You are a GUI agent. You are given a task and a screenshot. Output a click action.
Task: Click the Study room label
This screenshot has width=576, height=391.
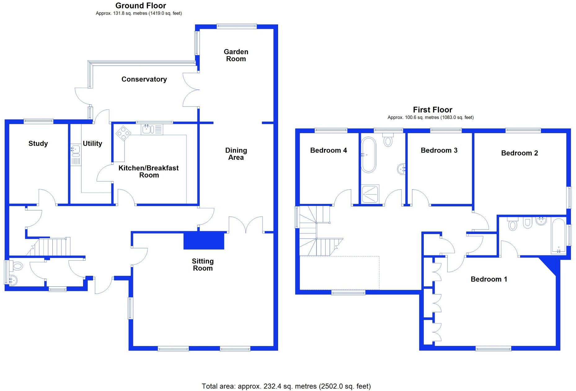tap(38, 143)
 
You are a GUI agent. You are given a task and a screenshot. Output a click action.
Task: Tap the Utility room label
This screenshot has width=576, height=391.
tap(92, 143)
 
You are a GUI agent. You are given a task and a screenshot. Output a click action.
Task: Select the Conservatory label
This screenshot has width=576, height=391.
tap(144, 79)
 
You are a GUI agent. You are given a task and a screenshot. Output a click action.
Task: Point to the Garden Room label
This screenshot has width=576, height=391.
tap(236, 55)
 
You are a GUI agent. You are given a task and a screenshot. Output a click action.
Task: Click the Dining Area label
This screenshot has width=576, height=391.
tap(236, 154)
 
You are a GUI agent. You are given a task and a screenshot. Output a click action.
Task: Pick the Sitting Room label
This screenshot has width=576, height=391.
tap(203, 265)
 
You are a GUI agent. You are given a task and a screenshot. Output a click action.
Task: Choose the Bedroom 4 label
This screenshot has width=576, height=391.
tap(329, 151)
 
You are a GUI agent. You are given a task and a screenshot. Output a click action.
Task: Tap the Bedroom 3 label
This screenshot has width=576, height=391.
tap(439, 151)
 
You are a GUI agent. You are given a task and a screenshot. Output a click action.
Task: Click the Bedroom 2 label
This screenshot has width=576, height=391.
tap(520, 153)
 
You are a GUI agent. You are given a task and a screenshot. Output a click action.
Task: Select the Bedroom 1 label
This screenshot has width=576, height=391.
tap(489, 279)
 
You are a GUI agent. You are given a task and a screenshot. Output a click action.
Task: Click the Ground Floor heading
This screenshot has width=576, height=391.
tap(141, 6)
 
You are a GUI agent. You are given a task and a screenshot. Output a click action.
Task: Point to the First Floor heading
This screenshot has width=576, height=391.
tap(432, 110)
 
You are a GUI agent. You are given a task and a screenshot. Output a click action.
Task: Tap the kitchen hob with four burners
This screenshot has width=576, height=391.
tap(123, 133)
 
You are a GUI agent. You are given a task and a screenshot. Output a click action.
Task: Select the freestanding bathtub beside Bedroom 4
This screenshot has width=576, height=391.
tap(368, 155)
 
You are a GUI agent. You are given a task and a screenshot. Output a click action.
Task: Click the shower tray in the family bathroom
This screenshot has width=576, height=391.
tap(370, 194)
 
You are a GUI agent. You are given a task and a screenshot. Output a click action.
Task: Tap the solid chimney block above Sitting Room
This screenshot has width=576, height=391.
tap(204, 240)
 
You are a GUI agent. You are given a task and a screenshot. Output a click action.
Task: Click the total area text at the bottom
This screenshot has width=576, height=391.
tap(286, 386)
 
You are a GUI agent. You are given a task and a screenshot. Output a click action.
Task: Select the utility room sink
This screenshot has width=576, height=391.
tap(75, 150)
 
